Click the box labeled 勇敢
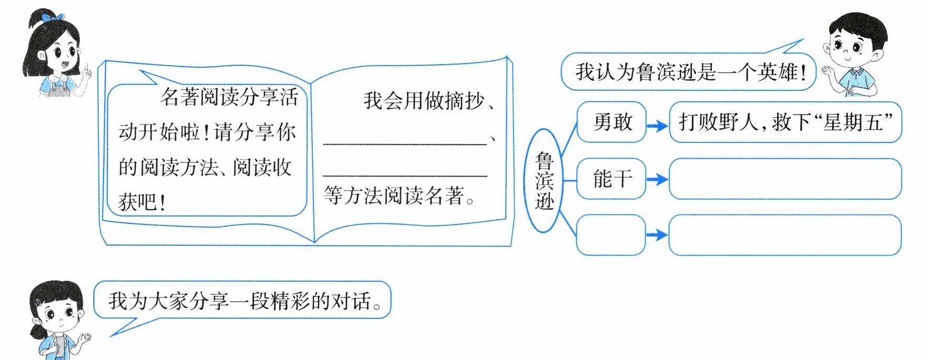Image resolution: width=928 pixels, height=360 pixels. pyautogui.click(x=611, y=122)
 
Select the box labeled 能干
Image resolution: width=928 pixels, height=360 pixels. pyautogui.click(x=611, y=179)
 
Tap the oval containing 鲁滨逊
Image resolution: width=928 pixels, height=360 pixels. pyautogui.click(x=544, y=180)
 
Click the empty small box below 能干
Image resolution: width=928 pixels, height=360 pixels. pyautogui.click(x=611, y=235)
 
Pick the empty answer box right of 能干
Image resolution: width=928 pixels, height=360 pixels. pyautogui.click(x=785, y=179)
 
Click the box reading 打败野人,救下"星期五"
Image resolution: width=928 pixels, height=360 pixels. pyautogui.click(x=785, y=122)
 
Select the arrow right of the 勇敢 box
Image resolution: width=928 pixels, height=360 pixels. pyautogui.click(x=657, y=126)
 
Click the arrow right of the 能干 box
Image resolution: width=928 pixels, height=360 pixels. pyautogui.click(x=657, y=180)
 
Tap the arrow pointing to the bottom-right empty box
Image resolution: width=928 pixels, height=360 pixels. pyautogui.click(x=657, y=235)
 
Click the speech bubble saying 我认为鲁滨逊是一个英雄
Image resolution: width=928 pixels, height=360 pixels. pyautogui.click(x=689, y=72)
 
